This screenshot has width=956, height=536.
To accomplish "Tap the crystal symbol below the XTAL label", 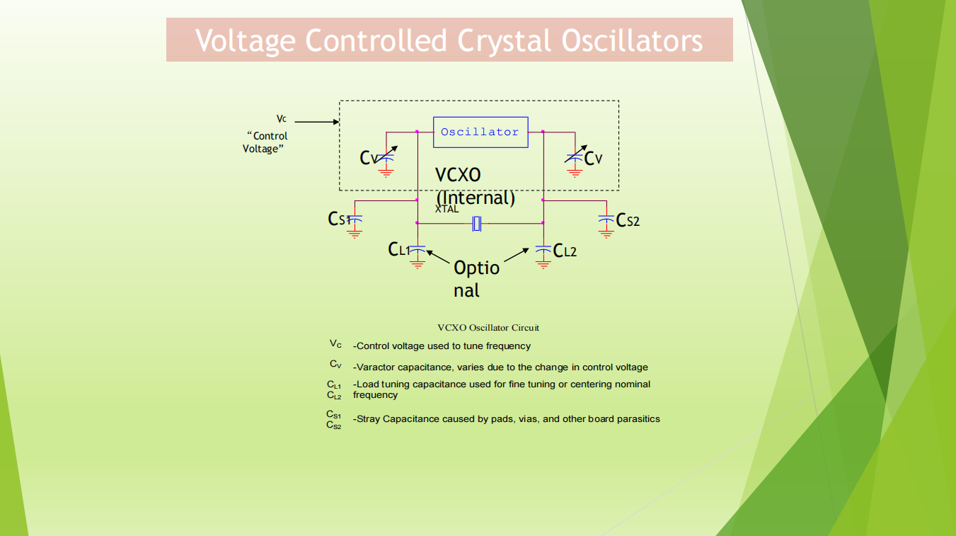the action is [477, 223].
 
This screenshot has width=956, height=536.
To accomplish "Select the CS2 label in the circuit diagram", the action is [628, 220].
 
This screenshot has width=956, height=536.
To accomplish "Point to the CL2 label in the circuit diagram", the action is [565, 251].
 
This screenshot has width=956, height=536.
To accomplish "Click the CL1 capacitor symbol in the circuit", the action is [417, 249].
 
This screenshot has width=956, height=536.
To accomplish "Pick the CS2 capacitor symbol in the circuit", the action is [606, 219].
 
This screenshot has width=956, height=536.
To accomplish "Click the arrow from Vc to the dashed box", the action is [317, 122].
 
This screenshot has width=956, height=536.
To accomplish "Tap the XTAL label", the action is [447, 210].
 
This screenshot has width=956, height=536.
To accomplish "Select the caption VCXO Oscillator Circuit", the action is [488, 328].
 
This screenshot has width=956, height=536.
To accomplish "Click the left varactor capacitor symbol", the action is [386, 156].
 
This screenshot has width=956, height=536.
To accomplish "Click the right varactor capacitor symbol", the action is [575, 156].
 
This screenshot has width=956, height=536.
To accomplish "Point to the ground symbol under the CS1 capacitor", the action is [355, 234].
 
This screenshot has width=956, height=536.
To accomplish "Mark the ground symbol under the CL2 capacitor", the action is [543, 264].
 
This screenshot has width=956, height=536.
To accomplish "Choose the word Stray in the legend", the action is [368, 419].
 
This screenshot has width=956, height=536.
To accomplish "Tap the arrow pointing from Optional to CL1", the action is [438, 257].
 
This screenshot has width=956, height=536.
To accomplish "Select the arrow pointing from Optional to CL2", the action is [517, 254].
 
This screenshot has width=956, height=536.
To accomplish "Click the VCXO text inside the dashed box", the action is [458, 175].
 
